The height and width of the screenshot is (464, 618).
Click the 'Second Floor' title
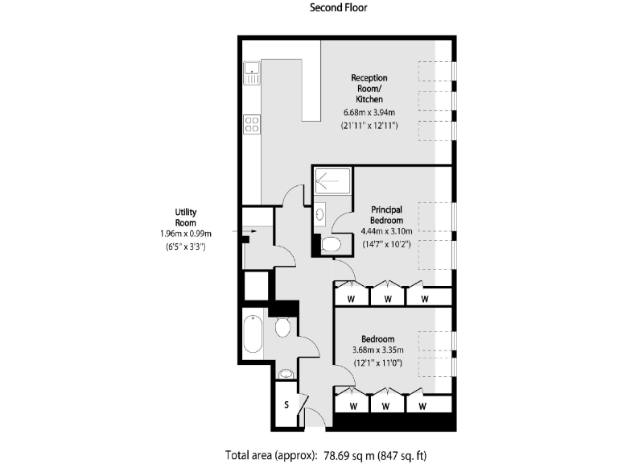[338, 9]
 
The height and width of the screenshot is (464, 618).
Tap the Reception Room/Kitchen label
[370, 88]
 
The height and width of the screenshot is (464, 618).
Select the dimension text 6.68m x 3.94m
[370, 113]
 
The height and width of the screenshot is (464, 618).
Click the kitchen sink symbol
[252, 73]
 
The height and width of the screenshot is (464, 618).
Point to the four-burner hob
[252, 125]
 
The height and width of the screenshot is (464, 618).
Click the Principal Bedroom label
[386, 214]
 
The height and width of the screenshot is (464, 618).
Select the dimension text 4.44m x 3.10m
[387, 230]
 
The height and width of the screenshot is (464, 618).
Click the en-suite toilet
[329, 244]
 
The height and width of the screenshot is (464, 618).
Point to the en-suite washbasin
[319, 214]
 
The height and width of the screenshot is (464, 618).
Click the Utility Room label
[186, 217]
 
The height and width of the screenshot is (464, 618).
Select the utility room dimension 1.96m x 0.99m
[186, 234]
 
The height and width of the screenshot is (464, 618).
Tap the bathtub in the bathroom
[253, 333]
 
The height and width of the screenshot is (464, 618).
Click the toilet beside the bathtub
[282, 327]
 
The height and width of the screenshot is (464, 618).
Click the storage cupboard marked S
[286, 404]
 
